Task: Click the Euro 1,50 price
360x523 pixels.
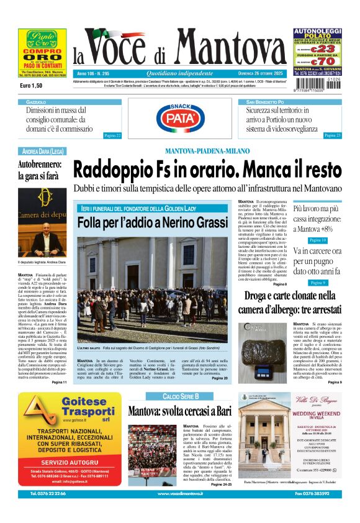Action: point(31,85)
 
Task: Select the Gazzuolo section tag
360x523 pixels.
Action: point(36,101)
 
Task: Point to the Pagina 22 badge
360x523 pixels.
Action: point(112,135)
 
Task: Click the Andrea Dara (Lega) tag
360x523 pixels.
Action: point(43,151)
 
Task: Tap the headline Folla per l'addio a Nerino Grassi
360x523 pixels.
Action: point(153,222)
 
